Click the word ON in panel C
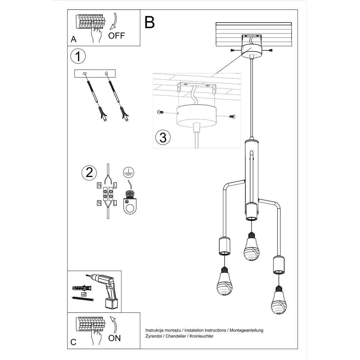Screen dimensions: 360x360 [x=114, y=338]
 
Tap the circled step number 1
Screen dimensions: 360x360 [x=78, y=56]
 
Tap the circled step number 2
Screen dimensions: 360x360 [x=89, y=173]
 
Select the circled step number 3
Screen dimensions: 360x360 [x=163, y=137]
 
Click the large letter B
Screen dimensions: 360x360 [x=150, y=22]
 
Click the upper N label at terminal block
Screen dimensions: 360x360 [x=99, y=185]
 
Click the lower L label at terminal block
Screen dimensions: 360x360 [x=115, y=203]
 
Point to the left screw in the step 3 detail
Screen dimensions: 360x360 [x=160, y=112]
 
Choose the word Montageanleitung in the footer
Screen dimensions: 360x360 [x=246, y=330]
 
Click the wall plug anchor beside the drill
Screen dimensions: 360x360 [x=82, y=288]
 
